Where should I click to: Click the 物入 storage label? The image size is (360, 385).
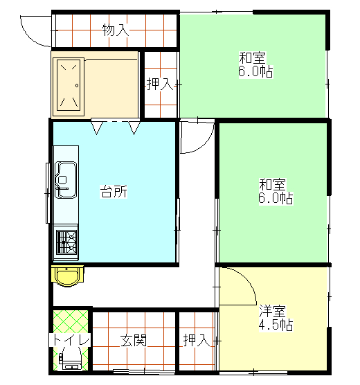point(115,30)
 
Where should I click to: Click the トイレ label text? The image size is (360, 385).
point(69,341)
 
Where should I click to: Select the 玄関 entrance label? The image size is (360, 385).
point(134,341)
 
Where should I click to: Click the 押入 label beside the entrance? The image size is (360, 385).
point(196,341)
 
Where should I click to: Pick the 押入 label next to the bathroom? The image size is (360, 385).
point(159,84)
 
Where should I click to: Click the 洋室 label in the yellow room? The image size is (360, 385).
point(273,311)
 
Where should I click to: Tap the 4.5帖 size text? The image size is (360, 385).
point(276,325)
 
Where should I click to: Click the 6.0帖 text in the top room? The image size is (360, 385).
point(254,71)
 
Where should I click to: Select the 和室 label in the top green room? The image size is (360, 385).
point(253,57)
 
